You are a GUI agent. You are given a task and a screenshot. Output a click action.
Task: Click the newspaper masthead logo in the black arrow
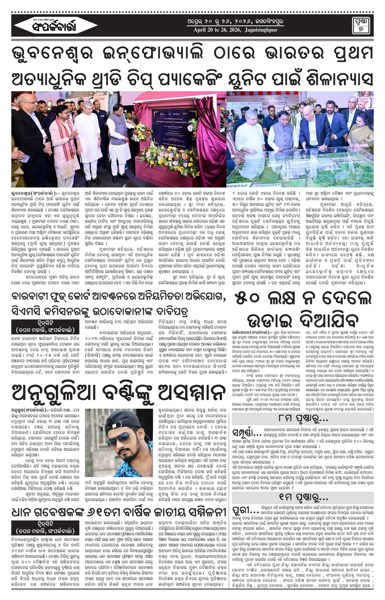[x=55, y=26]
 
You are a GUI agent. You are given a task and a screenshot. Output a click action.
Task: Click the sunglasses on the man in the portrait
[x=124, y=440]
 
